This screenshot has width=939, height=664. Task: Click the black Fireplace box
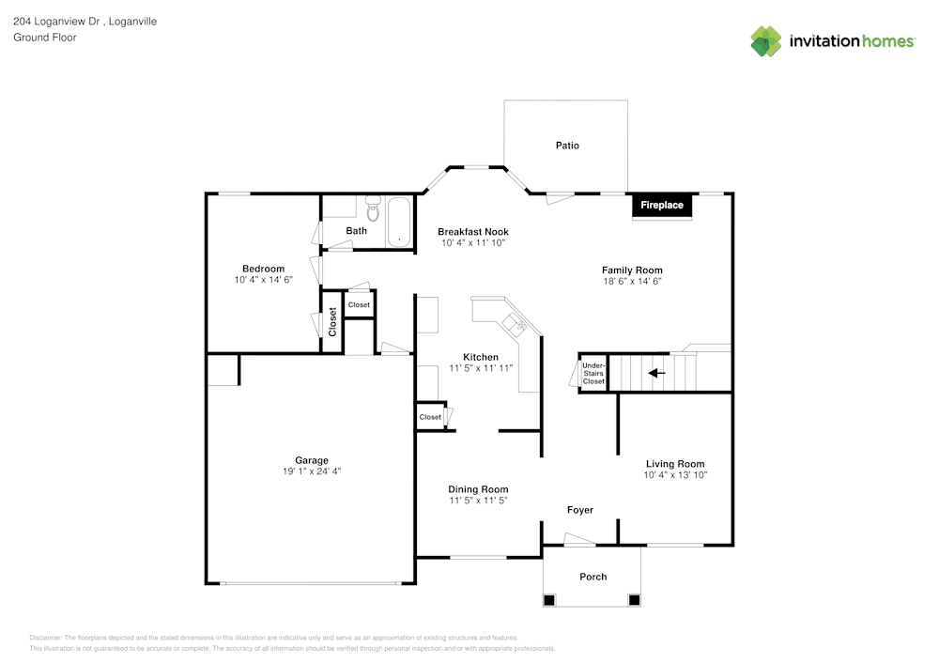pyautogui.click(x=662, y=205)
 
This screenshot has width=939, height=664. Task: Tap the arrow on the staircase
pyautogui.click(x=656, y=373)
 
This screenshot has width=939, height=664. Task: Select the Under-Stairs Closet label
pyautogui.click(x=593, y=373)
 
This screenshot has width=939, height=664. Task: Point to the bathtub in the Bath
pyautogui.click(x=401, y=222)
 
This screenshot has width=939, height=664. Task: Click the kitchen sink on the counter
pyautogui.click(x=513, y=325)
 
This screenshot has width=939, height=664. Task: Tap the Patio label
pyautogui.click(x=567, y=146)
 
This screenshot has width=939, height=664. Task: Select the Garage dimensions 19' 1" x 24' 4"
pyautogui.click(x=312, y=471)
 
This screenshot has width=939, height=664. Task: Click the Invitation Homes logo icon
pyautogui.click(x=766, y=41)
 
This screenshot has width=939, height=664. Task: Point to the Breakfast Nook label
pyautogui.click(x=473, y=231)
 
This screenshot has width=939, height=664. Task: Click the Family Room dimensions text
pyautogui.click(x=632, y=282)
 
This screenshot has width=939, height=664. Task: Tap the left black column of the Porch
pyautogui.click(x=550, y=599)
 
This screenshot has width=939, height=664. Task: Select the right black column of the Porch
pyautogui.click(x=634, y=599)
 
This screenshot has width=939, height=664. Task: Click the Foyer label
pyautogui.click(x=579, y=510)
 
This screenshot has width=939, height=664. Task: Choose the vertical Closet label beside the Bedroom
pyautogui.click(x=332, y=321)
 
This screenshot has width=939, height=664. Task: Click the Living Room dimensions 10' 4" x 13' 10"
pyautogui.click(x=675, y=475)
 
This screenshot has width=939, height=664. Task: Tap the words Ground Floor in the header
pyautogui.click(x=45, y=38)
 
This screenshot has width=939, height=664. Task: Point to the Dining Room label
pyautogui.click(x=478, y=489)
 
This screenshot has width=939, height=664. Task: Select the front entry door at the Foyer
pyautogui.click(x=579, y=539)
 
